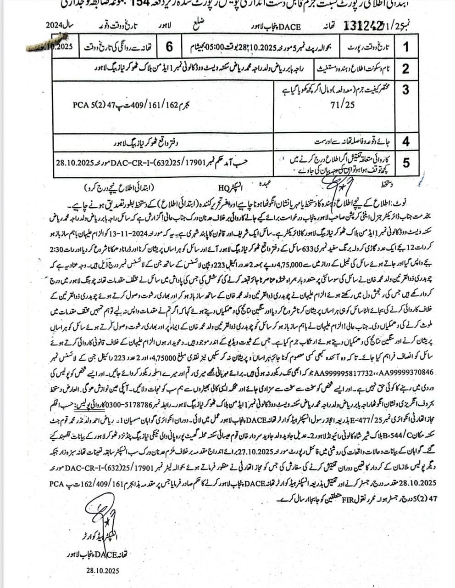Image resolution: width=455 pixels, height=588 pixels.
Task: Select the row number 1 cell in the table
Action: [x=405, y=47]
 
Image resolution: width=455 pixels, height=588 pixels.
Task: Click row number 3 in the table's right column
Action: [x=405, y=89]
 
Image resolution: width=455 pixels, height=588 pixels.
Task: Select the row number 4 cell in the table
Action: [x=405, y=141]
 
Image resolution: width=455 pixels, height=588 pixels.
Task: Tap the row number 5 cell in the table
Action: [x=405, y=163]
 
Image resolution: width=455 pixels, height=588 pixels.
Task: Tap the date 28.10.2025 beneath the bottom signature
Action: [x=102, y=570]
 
